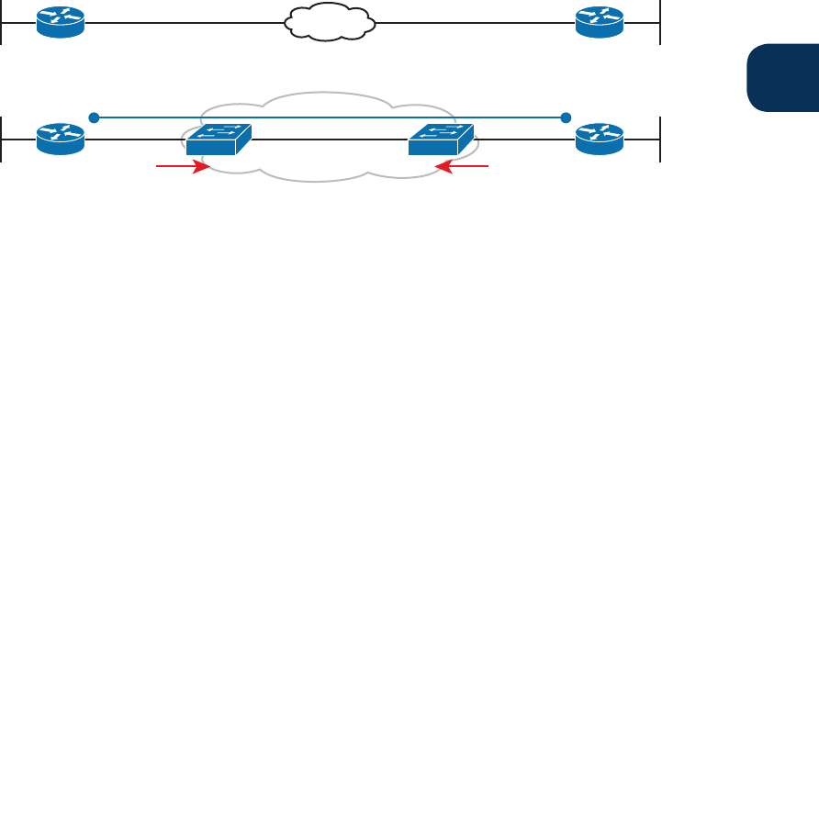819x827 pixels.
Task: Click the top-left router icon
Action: click(x=60, y=22)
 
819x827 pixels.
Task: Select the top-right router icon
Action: click(x=599, y=22)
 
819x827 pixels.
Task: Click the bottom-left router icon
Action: click(x=60, y=140)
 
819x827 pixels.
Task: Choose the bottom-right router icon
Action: click(x=599, y=140)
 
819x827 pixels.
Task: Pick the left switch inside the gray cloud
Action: click(x=218, y=140)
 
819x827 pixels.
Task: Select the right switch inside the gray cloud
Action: click(x=442, y=140)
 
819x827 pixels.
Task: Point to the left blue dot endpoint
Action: click(x=93, y=117)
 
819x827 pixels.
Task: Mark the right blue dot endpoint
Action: click(x=566, y=117)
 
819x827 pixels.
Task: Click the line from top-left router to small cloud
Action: click(x=184, y=23)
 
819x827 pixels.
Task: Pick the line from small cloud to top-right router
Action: click(x=473, y=23)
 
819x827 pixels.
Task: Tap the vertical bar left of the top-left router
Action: click(x=3, y=22)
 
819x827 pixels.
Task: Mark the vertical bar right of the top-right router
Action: click(x=659, y=22)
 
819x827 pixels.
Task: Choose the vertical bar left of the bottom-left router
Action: click(x=3, y=140)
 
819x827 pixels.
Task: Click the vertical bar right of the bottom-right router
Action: click(x=659, y=140)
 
